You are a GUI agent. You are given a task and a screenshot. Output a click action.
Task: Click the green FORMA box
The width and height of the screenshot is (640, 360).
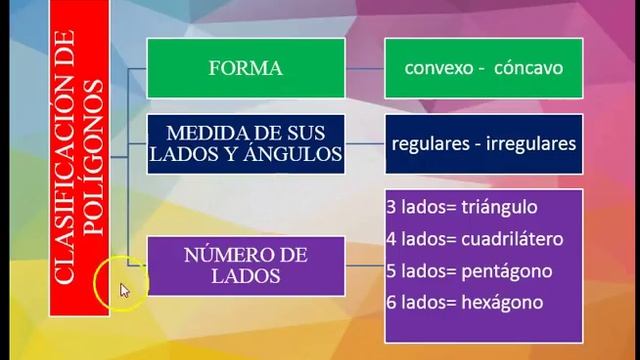(245, 69)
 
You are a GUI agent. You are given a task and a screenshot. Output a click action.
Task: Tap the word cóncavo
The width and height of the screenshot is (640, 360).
(528, 69)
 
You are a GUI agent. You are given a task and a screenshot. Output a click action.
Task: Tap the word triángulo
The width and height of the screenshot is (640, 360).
(497, 208)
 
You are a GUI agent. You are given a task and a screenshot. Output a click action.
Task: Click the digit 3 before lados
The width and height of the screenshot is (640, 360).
(391, 208)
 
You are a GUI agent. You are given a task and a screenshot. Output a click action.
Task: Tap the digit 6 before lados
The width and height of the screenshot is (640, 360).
(391, 302)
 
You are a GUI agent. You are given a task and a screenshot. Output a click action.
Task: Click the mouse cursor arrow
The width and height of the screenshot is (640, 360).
(124, 290)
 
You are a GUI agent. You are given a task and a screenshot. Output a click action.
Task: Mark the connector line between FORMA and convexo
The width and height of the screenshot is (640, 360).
(365, 69)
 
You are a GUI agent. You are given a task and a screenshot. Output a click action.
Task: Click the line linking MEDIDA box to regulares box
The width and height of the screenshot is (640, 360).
(365, 143)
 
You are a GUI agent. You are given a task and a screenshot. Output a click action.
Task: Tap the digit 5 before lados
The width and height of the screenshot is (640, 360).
(391, 271)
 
